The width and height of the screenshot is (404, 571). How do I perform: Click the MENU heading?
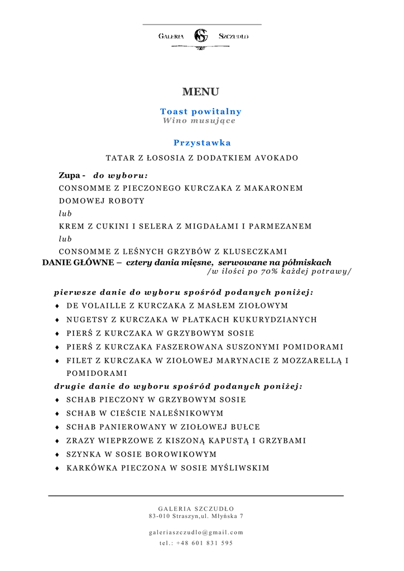point(200,92)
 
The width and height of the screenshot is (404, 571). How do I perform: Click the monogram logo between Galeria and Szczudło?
point(200,36)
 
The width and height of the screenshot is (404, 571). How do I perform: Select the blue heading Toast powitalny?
point(201,112)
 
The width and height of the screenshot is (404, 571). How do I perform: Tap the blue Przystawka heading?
point(202,143)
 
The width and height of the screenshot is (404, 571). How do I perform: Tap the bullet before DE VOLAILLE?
point(57,306)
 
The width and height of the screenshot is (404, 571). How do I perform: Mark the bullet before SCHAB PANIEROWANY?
point(57,427)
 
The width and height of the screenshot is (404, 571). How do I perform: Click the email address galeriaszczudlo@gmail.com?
point(196,532)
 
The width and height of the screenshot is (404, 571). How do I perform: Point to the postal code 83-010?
point(159,516)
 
